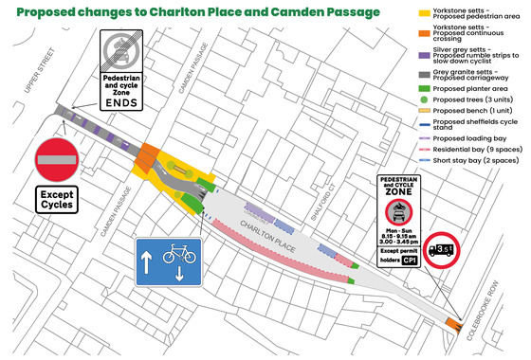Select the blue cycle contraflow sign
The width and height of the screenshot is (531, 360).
[167, 261]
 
